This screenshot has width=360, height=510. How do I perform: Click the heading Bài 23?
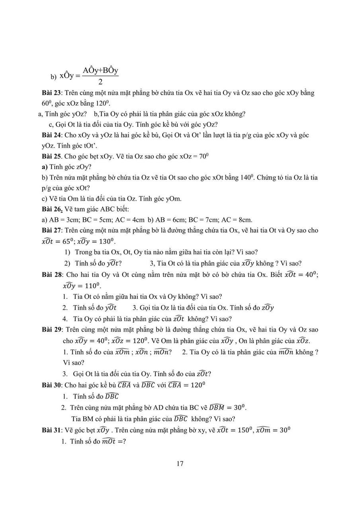(x=51, y=93)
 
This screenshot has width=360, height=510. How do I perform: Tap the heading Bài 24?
(x=51, y=135)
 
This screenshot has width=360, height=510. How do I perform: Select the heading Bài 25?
(x=51, y=156)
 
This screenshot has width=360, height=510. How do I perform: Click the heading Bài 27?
(x=51, y=230)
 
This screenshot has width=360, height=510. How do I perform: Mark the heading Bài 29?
(x=51, y=330)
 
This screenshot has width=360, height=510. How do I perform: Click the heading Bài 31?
(x=51, y=430)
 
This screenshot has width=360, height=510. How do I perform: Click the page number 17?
(x=180, y=463)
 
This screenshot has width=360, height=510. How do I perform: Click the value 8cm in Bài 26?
(x=245, y=220)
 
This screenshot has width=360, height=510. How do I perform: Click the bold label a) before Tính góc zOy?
(x=45, y=167)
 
